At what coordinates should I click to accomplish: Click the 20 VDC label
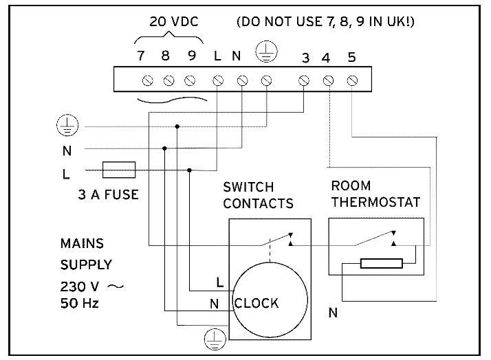click(174, 22)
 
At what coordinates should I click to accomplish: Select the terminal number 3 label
click(305, 58)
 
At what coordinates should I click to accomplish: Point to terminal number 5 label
click(351, 58)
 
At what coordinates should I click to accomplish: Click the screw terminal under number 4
click(328, 81)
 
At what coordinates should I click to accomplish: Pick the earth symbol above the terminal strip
click(265, 52)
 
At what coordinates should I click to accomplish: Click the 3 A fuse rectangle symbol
click(118, 170)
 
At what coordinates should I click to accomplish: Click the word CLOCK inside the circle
click(257, 303)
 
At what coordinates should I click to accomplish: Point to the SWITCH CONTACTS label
click(258, 195)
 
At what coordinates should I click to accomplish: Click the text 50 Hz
click(80, 303)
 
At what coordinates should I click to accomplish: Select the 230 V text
click(80, 285)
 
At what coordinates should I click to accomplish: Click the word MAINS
click(82, 243)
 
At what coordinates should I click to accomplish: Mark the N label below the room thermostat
click(333, 313)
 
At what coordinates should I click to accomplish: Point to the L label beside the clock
click(219, 282)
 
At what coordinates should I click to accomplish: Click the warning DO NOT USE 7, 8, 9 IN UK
click(325, 22)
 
